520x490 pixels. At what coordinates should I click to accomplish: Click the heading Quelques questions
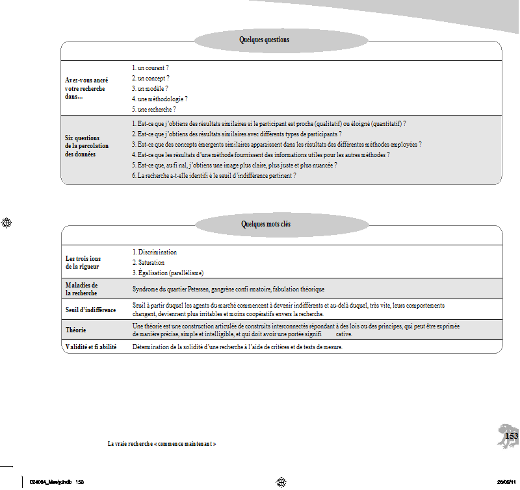click(x=264, y=40)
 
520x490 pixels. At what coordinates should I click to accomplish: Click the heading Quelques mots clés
click(x=266, y=225)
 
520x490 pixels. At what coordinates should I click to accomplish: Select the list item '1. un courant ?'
click(x=150, y=67)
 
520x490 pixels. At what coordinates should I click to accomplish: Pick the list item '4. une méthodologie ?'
click(x=159, y=99)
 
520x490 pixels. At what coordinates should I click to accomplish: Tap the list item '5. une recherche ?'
click(x=153, y=110)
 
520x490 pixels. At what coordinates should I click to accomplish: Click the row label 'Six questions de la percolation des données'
click(x=86, y=146)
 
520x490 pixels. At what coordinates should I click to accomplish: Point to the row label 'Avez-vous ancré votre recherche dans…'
click(x=86, y=88)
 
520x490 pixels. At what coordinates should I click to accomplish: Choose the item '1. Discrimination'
click(x=155, y=252)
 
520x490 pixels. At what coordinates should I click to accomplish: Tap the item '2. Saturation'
click(x=149, y=262)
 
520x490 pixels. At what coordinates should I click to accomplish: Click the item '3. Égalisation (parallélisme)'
click(x=168, y=273)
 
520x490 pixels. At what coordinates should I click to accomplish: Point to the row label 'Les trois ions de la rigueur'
click(x=83, y=262)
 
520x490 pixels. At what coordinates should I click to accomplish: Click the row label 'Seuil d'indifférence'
click(x=90, y=310)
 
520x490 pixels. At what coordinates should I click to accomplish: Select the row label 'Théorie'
click(x=76, y=330)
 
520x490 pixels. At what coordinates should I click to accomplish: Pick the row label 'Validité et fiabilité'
click(x=90, y=347)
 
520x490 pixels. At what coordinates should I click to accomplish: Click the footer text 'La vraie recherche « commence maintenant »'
click(x=161, y=444)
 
